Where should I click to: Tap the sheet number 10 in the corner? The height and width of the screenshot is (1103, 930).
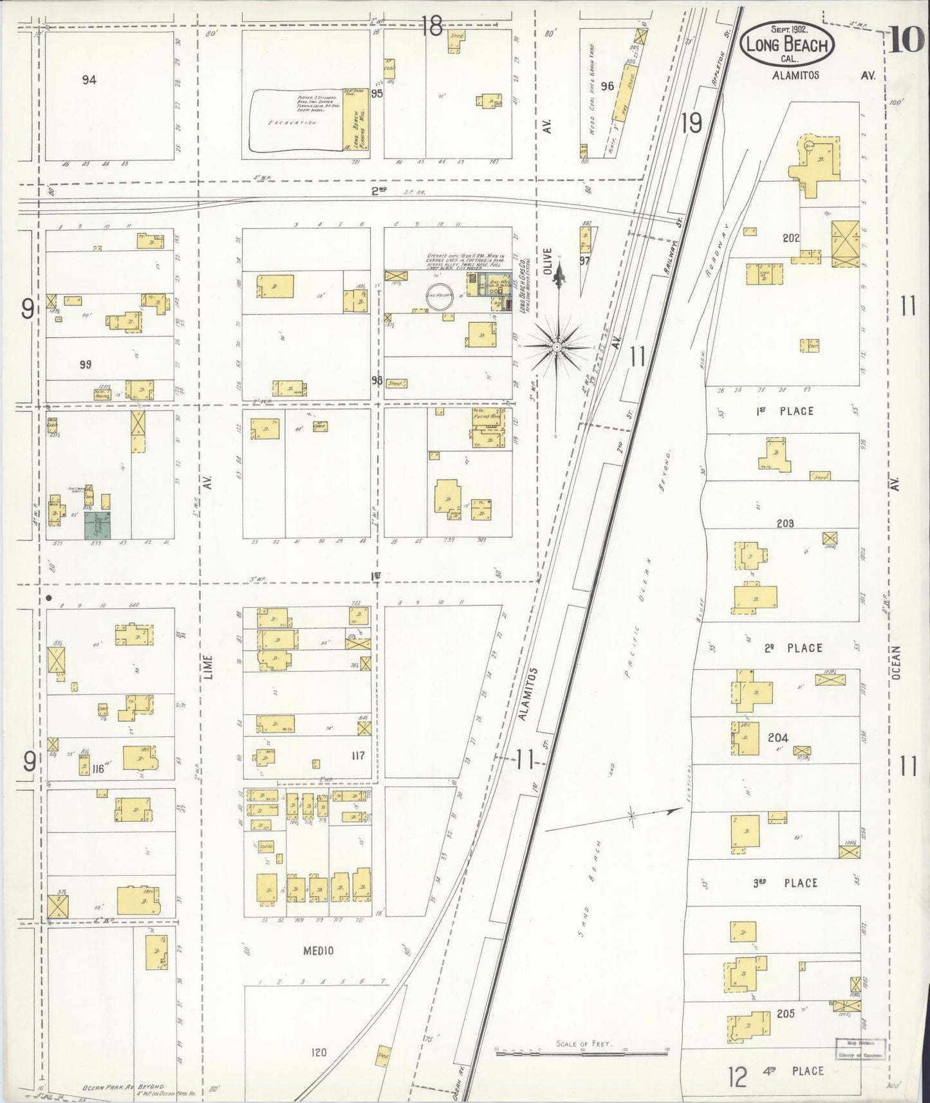[906, 41]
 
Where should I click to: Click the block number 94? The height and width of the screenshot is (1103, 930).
[89, 80]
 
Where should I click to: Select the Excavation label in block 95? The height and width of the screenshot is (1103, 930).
[293, 122]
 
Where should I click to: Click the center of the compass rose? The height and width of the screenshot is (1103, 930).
[556, 346]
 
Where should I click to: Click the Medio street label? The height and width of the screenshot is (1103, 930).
[318, 950]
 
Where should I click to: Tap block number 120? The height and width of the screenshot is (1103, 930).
[319, 1053]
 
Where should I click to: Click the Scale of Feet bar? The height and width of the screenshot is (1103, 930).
[581, 1054]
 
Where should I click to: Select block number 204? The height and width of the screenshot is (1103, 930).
[777, 737]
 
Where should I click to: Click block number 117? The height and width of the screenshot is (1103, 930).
[358, 755]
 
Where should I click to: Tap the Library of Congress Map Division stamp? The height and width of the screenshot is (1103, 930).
[860, 1049]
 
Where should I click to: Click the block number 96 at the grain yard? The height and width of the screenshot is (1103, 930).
[607, 86]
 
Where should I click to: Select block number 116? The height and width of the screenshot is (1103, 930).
[98, 768]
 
